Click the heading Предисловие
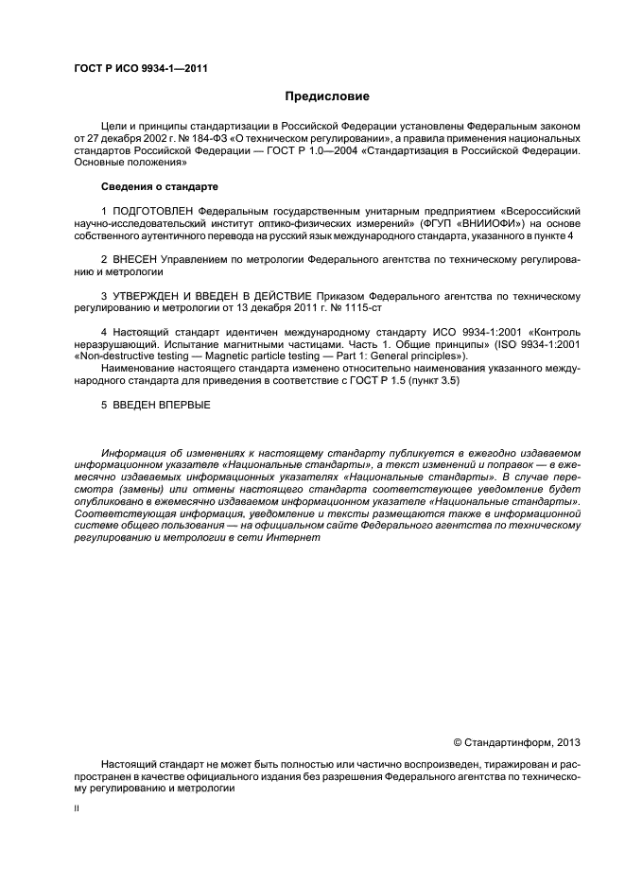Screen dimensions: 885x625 [x=328, y=96]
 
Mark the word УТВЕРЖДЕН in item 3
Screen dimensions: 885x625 [x=150, y=296]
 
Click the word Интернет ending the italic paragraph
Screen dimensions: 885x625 [x=296, y=538]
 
